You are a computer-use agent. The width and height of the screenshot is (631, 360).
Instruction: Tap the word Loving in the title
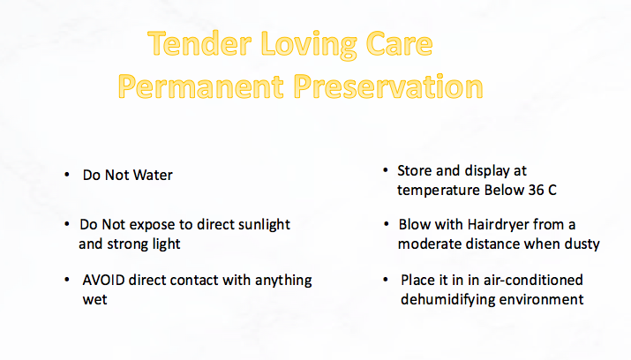click(309, 46)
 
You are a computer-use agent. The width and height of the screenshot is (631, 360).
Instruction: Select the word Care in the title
click(399, 43)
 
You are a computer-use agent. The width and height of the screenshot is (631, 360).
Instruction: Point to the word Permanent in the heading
click(201, 86)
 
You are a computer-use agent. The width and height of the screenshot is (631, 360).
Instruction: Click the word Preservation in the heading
click(388, 86)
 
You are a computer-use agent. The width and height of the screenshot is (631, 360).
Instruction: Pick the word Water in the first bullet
click(153, 175)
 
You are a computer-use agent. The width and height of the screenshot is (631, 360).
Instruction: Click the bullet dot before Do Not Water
click(67, 175)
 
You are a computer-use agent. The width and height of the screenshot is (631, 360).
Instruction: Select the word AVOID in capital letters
click(103, 280)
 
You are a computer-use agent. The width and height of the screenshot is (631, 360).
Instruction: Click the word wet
click(95, 300)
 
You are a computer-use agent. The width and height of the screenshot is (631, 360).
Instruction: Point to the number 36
click(536, 191)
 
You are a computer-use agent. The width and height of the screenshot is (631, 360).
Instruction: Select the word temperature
click(439, 191)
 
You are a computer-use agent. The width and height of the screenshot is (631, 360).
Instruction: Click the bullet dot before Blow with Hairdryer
click(387, 223)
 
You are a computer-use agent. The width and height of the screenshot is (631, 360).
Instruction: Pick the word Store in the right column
click(415, 170)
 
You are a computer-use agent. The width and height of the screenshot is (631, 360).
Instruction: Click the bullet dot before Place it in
click(386, 279)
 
